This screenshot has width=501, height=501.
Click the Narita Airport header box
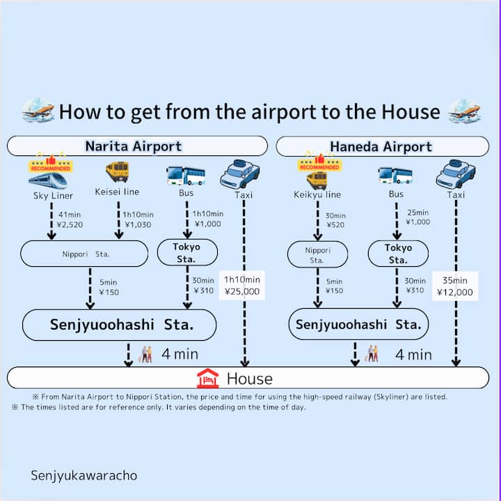tap(136, 146)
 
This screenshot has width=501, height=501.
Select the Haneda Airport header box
tap(381, 147)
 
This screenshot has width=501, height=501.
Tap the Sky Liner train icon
tap(49, 180)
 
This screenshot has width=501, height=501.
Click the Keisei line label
tap(118, 192)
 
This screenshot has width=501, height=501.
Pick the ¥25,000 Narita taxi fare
tap(242, 291)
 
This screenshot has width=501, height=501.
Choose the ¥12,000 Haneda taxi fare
tap(456, 292)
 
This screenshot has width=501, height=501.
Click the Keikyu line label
tap(317, 194)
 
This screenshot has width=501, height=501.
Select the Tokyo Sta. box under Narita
tap(186, 253)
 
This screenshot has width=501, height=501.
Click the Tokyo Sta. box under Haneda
tap(398, 254)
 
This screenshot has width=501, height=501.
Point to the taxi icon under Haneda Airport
tap(456, 174)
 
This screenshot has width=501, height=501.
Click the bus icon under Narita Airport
tap(186, 175)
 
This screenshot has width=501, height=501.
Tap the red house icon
tap(208, 378)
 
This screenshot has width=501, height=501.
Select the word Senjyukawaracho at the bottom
tap(84, 475)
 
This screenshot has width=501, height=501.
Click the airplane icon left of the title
tap(38, 110)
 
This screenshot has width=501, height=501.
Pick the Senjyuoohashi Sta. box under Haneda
tap(358, 325)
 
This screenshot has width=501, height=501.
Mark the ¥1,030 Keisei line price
tap(137, 225)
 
